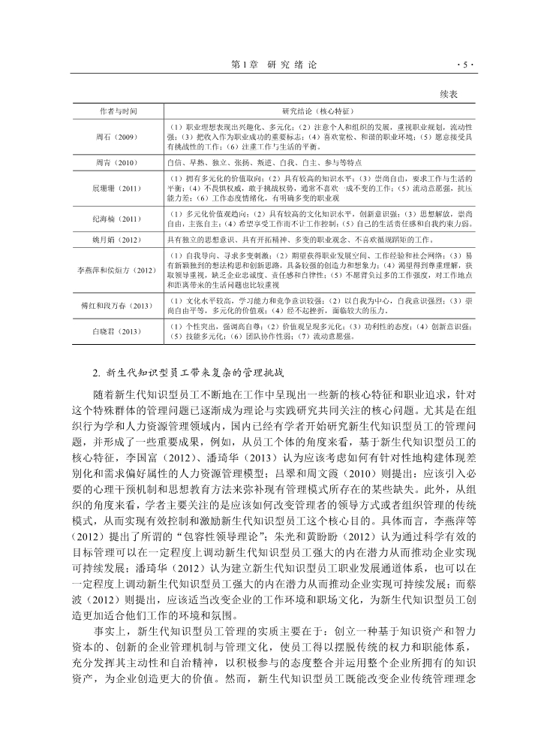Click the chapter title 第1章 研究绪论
(x=273, y=64)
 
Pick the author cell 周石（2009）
(x=119, y=137)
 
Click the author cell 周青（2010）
(x=119, y=162)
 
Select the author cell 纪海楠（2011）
(x=119, y=219)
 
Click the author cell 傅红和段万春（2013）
(x=119, y=306)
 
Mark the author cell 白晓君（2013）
(x=119, y=331)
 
